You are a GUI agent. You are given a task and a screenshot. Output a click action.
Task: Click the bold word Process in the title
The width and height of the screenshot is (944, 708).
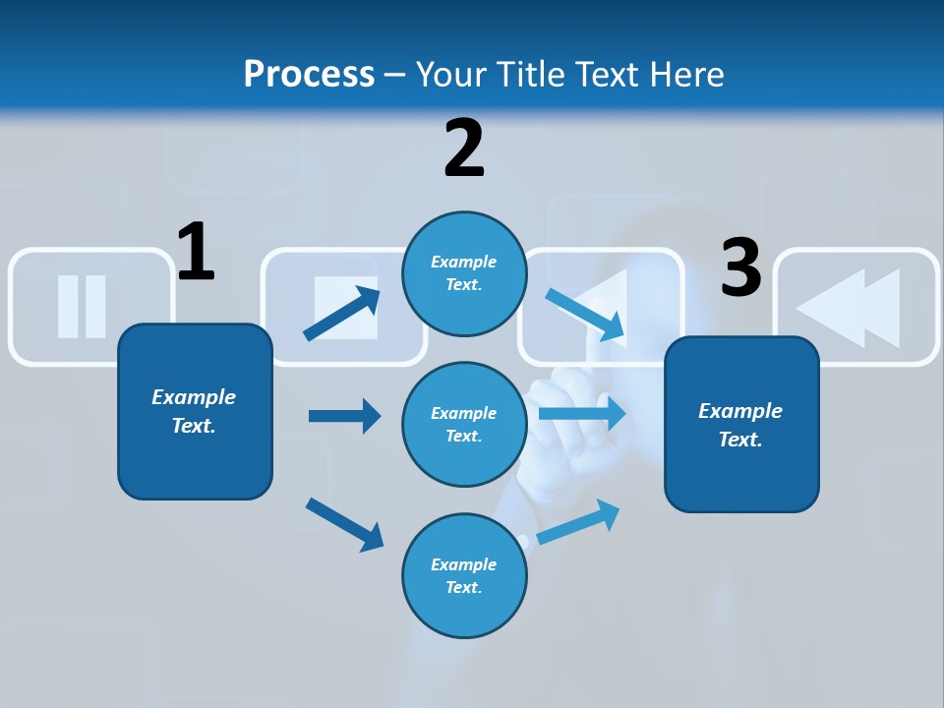pyautogui.click(x=309, y=74)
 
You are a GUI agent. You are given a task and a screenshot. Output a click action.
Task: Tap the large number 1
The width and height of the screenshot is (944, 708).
pyautogui.click(x=196, y=253)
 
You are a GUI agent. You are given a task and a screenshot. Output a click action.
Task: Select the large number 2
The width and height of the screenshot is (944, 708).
pyautogui.click(x=464, y=148)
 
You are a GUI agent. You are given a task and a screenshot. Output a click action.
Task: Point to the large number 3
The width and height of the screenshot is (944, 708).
pyautogui.click(x=741, y=267)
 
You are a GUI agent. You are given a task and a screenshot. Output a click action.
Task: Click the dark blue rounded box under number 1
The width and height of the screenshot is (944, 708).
pyautogui.click(x=195, y=411)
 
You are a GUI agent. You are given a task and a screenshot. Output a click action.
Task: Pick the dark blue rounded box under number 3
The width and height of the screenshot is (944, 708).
pyautogui.click(x=741, y=424)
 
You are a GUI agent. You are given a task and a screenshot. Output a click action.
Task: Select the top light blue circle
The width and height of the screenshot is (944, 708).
pyautogui.click(x=464, y=273)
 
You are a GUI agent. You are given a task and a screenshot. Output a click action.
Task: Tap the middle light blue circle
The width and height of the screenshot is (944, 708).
pyautogui.click(x=464, y=424)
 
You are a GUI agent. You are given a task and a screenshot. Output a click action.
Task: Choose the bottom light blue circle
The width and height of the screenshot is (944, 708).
pyautogui.click(x=464, y=575)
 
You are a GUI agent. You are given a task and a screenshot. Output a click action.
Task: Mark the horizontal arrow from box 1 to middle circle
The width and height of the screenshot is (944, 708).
pyautogui.click(x=344, y=416)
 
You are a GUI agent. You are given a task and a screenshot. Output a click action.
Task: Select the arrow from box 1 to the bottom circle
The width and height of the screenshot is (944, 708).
pyautogui.click(x=344, y=524)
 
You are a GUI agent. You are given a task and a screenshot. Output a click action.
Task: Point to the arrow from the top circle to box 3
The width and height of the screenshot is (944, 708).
pyautogui.click(x=586, y=314)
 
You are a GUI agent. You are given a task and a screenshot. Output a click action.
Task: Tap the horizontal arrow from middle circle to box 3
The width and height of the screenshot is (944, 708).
pyautogui.click(x=583, y=413)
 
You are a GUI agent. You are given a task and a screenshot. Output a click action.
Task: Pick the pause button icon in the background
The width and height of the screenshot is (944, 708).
pyautogui.click(x=82, y=306)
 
